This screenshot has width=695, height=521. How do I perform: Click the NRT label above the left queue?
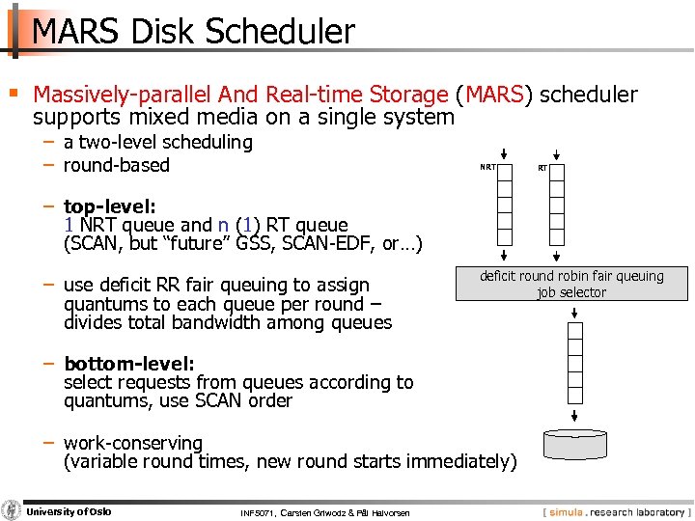[489, 167]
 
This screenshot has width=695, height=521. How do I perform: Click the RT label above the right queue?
[542, 168]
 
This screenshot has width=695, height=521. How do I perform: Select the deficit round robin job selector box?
[571, 284]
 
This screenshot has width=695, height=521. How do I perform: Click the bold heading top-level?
[102, 206]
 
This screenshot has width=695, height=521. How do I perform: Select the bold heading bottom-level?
[128, 364]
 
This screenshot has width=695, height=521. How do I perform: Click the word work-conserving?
[133, 443]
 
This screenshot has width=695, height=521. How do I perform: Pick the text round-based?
[117, 165]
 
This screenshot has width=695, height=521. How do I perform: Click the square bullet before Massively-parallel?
[13, 94]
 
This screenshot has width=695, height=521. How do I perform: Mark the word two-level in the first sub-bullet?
[117, 143]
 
